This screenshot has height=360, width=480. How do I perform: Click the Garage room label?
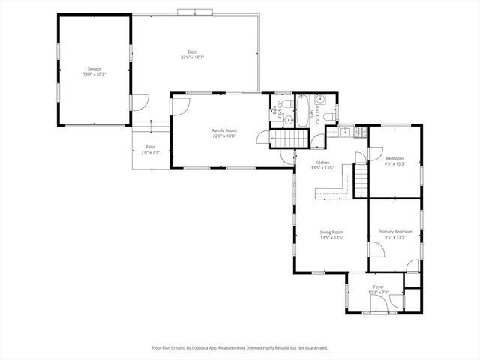[x=94, y=68]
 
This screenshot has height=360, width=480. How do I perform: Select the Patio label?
[x=150, y=147]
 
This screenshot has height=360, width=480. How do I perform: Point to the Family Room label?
[x=223, y=130]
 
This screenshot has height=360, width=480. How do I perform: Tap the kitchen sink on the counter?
[x=345, y=133]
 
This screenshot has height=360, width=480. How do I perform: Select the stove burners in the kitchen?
[x=361, y=133]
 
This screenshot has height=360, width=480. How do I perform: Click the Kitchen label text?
[x=322, y=163]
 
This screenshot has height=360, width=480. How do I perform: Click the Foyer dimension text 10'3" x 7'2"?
[x=379, y=292]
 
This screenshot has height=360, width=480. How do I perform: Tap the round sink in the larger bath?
[x=320, y=99]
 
